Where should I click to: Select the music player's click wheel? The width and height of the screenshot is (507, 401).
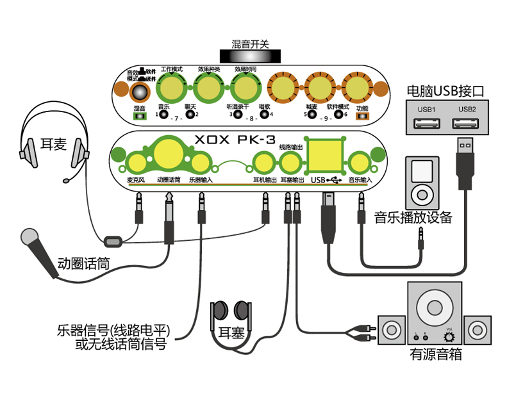click(421, 192)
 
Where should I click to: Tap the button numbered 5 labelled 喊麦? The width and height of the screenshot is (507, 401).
click(312, 117)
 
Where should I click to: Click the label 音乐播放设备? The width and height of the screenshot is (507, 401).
click(413, 217)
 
